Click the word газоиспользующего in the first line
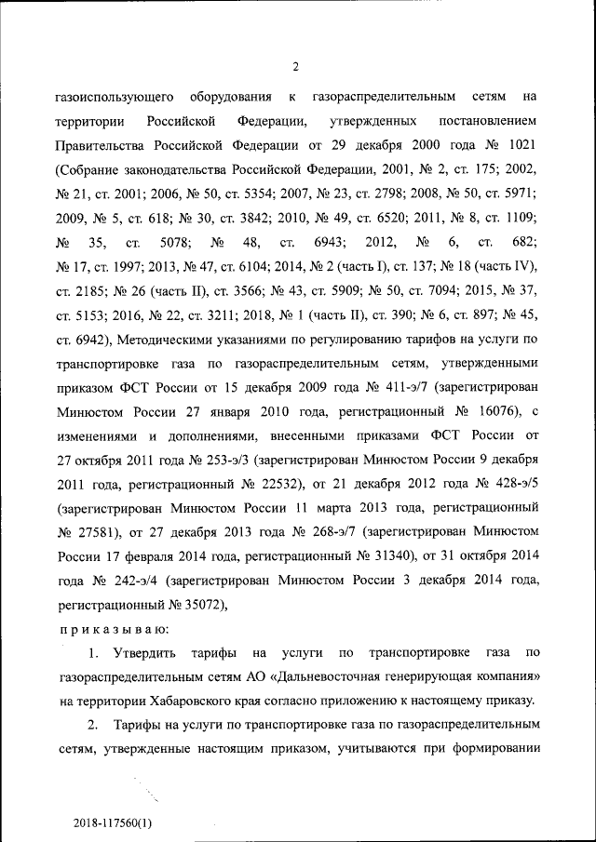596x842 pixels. pos(113,97)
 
